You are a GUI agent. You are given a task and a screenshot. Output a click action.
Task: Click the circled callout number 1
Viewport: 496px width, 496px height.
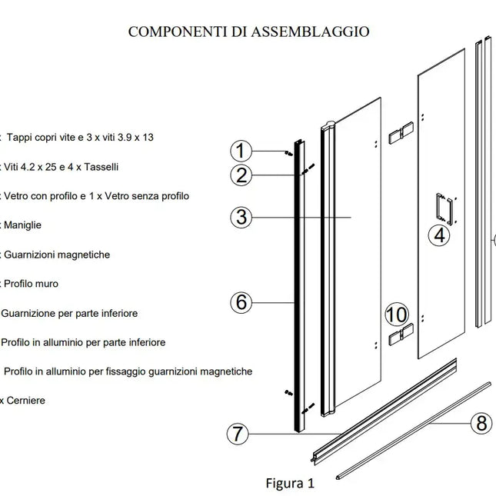coord(242,150)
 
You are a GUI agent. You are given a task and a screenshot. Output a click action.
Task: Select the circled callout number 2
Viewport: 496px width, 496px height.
coord(242,175)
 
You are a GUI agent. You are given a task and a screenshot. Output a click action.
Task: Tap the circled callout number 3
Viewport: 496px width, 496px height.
coord(242,218)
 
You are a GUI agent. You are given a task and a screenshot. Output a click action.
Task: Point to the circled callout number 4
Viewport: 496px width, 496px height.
coord(439,235)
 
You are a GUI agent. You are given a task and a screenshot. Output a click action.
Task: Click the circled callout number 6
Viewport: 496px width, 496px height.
coord(242,302)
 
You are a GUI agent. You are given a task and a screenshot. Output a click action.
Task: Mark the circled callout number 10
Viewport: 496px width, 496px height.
coord(397,315)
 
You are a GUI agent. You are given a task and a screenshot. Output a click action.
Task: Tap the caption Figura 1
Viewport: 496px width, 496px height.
coord(290,484)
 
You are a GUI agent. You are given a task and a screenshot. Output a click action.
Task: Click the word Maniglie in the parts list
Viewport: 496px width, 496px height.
coord(22,225)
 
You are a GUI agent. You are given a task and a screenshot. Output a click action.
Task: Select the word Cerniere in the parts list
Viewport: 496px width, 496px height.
coord(25,401)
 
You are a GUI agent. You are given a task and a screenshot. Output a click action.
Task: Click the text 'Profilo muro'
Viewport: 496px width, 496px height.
coord(31,284)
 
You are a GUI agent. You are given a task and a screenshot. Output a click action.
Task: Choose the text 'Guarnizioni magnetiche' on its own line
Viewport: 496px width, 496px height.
coord(57,255)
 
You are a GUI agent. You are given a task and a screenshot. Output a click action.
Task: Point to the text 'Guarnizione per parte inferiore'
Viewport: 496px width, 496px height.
coord(70,313)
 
